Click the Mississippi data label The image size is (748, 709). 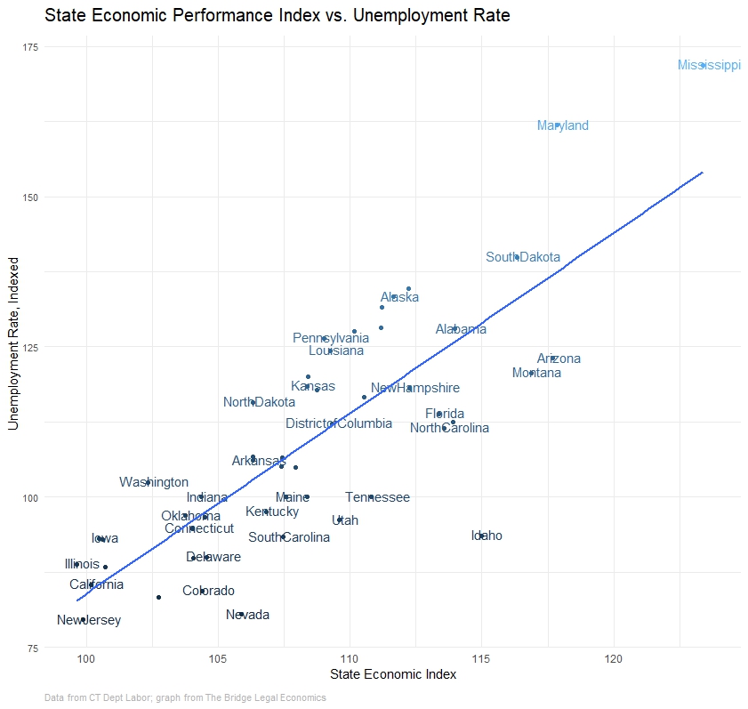(x=709, y=65)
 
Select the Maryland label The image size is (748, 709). (x=563, y=125)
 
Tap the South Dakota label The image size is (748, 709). (x=523, y=257)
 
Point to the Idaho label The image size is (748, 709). (x=487, y=536)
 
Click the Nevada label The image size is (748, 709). (x=247, y=615)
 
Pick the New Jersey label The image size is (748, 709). (x=89, y=620)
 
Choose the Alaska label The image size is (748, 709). (x=399, y=297)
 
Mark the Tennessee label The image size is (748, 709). (x=377, y=497)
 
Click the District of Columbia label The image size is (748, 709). (x=339, y=423)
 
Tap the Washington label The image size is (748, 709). (x=154, y=482)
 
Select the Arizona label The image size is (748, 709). (x=559, y=359)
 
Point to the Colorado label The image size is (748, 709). (x=208, y=591)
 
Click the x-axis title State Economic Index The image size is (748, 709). (x=393, y=675)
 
